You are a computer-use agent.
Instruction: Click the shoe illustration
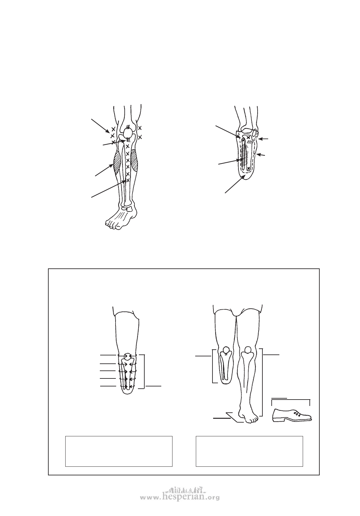(292, 415)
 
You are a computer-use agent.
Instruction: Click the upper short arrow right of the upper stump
(263, 139)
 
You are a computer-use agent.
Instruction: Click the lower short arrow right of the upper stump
(261, 155)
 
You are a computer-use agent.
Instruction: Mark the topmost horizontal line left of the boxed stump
(108, 355)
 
